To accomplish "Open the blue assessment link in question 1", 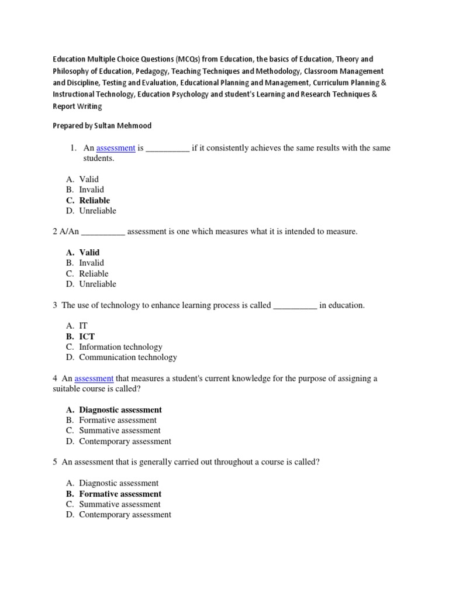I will tap(116, 148).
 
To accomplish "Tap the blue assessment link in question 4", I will tap(94, 378).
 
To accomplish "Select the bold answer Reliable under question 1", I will tap(95, 200).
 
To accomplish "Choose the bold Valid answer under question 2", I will tap(89, 252).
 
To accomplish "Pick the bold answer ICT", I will tap(87, 336).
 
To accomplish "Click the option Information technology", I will tap(120, 347).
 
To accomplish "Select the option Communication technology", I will tap(127, 357).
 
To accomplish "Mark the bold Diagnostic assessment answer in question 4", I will tap(120, 410).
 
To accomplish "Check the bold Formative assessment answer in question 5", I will tap(120, 494).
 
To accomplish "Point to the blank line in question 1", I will tap(167, 149).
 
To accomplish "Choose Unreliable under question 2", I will tap(98, 284).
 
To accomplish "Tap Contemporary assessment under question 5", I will tap(125, 515).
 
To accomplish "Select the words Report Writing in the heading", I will tap(77, 106).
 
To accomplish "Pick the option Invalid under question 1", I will tap(92, 190).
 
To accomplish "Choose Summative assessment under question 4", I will tap(120, 431).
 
